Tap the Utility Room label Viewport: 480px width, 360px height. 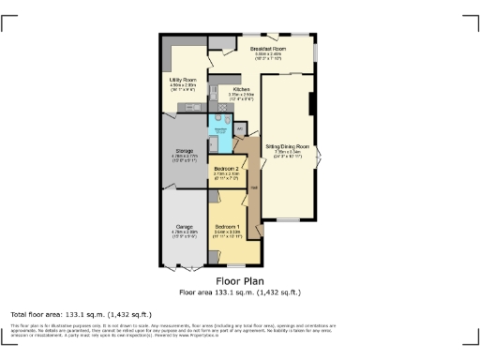[182, 81]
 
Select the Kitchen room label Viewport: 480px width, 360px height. [229, 89]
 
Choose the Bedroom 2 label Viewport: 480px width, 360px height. [227, 169]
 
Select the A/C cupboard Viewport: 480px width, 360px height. [240, 128]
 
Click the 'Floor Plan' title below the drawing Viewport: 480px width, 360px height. [240, 280]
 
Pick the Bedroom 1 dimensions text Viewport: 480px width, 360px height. [228, 233]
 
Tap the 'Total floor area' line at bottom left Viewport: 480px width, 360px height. [70, 312]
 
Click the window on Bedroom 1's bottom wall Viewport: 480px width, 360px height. [229, 265]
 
